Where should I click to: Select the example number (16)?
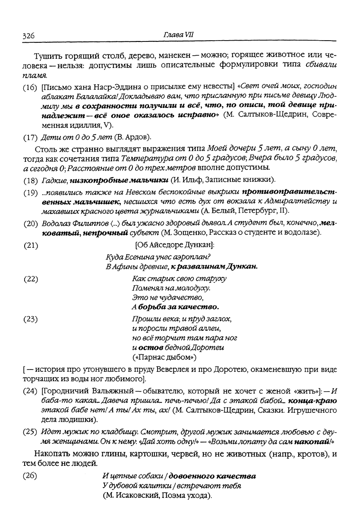coord(30,88)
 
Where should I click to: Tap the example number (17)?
coord(30,138)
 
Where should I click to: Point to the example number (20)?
coord(30,222)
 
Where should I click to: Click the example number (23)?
coord(30,319)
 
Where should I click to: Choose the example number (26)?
coord(30,477)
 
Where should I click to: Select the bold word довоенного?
coord(192,477)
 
